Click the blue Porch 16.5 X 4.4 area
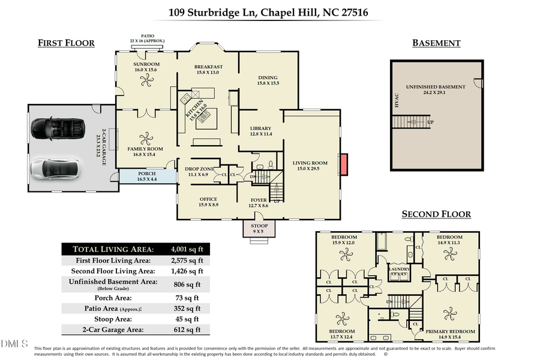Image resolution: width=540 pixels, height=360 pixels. point(147,176)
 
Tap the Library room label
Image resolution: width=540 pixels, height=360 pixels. point(261,128)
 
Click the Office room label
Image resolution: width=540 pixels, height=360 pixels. point(208,199)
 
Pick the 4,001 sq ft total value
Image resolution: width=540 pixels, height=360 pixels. point(187,249)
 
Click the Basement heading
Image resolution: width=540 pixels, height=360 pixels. point(436,43)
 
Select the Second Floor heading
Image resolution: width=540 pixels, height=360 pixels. point(436,214)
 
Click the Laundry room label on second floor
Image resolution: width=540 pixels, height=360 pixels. point(399,269)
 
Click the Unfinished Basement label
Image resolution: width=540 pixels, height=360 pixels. point(436,87)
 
